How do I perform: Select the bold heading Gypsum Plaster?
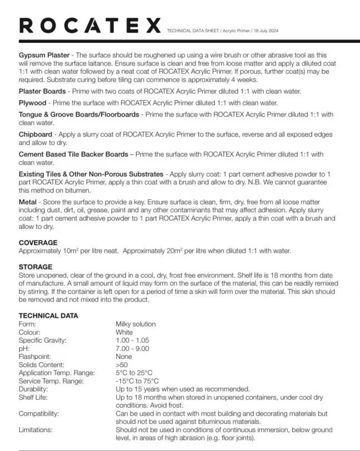click(x=44, y=56)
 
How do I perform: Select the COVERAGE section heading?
click(x=38, y=243)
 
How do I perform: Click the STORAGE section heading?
click(x=36, y=267)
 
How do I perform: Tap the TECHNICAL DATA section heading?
click(x=48, y=315)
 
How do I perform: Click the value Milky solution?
click(x=136, y=324)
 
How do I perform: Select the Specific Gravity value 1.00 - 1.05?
click(x=132, y=340)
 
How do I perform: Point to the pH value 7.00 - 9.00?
click(x=132, y=348)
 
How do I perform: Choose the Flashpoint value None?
click(x=124, y=357)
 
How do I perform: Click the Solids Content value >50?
click(x=122, y=365)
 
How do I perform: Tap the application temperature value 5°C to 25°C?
click(x=134, y=373)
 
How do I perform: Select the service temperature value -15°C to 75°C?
click(x=137, y=381)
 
